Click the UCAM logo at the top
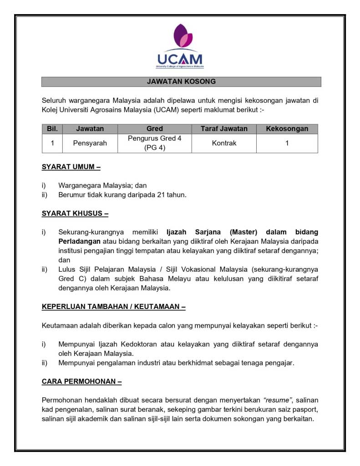tap(181, 46)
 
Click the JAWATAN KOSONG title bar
tap(181, 82)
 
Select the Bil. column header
tap(52, 129)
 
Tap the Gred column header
tap(154, 129)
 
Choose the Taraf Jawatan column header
tap(224, 129)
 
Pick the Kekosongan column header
tap(287, 129)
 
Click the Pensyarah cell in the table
tap(90, 143)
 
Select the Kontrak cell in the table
tap(224, 143)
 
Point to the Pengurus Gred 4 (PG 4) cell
tap(154, 143)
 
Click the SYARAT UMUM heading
tap(71, 167)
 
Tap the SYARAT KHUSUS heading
tap(75, 213)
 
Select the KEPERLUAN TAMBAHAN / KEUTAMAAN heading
tap(113, 307)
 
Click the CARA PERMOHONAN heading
tap(81, 381)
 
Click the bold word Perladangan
tap(79, 241)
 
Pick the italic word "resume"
tap(277, 400)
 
